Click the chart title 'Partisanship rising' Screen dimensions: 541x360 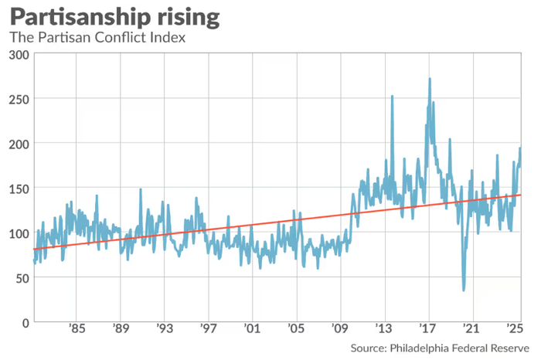coord(115,17)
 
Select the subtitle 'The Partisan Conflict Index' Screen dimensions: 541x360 coord(97,37)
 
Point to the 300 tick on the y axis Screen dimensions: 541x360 coord(19,55)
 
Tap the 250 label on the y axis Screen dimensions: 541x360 coord(19,100)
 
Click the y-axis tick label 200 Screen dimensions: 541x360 coord(19,144)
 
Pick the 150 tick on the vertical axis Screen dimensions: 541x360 coord(19,188)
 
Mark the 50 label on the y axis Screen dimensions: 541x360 coord(22,278)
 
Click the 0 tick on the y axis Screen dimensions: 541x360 coord(26,323)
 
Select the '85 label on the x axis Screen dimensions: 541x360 coord(77,328)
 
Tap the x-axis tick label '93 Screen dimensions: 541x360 coord(165,328)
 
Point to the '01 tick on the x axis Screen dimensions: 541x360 coord(252,328)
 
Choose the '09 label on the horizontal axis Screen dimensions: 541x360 coord(340,328)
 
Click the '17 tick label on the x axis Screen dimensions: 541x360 coord(428,328)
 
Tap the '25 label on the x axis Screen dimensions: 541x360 coord(515,328)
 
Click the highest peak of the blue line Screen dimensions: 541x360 coord(430,79)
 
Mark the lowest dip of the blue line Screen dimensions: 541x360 coord(464,290)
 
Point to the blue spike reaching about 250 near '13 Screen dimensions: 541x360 coord(392,97)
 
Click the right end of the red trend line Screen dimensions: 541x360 coord(521,195)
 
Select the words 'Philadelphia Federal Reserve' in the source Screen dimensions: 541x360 coord(459,348)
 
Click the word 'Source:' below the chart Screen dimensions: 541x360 coord(369,348)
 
